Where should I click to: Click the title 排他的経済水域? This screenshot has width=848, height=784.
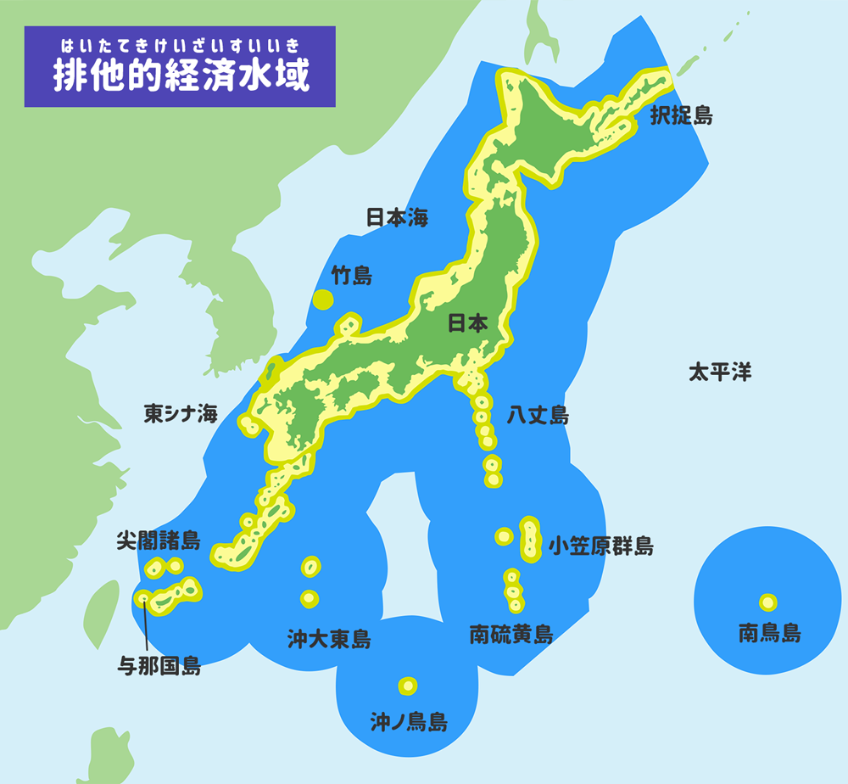181,76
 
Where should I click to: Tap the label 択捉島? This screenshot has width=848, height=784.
681,115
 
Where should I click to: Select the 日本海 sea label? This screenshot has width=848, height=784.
397,217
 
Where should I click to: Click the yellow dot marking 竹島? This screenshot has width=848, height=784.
322,299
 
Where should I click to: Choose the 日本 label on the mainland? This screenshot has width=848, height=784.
467,323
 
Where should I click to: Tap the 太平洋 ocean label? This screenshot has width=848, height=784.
719,372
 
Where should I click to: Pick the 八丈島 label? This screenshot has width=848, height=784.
538,415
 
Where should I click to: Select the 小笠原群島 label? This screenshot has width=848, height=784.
600,546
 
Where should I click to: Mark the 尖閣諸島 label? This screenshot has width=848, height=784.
158,540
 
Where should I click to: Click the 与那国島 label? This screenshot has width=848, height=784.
159,666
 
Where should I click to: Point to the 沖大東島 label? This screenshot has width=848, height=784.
328,638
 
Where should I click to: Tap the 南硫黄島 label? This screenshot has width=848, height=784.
511,634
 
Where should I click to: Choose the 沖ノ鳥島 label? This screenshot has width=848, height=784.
409,722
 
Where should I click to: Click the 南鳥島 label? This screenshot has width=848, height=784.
769,632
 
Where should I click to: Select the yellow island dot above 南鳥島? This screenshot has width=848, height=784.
767,602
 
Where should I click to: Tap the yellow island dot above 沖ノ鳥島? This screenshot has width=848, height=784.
408,686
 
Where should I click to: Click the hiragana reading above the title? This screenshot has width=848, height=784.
181,43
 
